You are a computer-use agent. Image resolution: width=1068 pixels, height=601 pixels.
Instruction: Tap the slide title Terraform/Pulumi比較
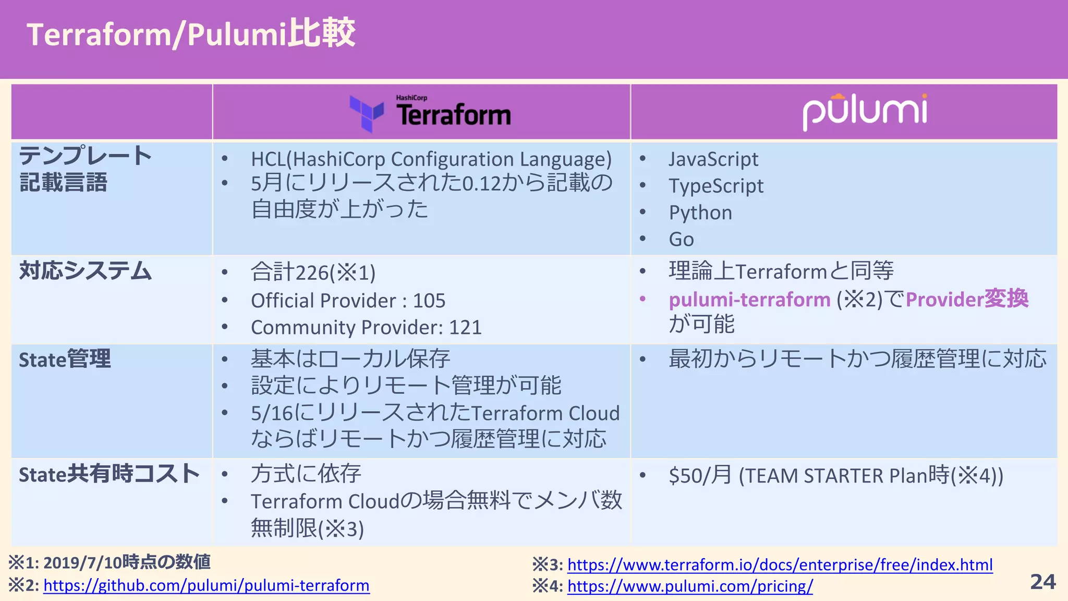click(x=191, y=34)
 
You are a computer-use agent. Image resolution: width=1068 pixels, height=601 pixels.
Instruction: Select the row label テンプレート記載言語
click(x=84, y=169)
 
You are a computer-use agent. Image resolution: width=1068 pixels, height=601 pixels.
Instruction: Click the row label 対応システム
click(x=85, y=271)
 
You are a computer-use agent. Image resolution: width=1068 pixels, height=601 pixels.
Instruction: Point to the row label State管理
click(x=65, y=359)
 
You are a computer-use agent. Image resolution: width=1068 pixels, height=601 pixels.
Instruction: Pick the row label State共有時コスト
click(x=109, y=474)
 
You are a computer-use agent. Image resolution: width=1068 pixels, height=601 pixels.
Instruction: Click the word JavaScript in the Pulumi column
click(x=713, y=159)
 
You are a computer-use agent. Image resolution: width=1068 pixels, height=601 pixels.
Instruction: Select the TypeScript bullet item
click(x=715, y=186)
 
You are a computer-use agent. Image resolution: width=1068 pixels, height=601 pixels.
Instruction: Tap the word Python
click(x=700, y=213)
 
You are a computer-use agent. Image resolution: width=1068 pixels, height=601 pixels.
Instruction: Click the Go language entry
click(x=681, y=239)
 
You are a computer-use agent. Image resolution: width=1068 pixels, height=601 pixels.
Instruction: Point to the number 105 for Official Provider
click(x=429, y=300)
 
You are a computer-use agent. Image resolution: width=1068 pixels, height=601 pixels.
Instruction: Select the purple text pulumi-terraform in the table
click(x=749, y=299)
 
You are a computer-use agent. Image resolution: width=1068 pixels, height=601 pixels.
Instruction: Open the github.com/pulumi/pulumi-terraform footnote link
click(x=206, y=585)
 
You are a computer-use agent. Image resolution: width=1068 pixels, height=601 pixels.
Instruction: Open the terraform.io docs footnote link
click(x=780, y=564)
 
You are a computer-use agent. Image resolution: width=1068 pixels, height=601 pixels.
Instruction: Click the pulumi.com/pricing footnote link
click(x=689, y=586)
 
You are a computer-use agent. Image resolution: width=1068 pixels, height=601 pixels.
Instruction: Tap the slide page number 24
click(x=1042, y=582)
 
